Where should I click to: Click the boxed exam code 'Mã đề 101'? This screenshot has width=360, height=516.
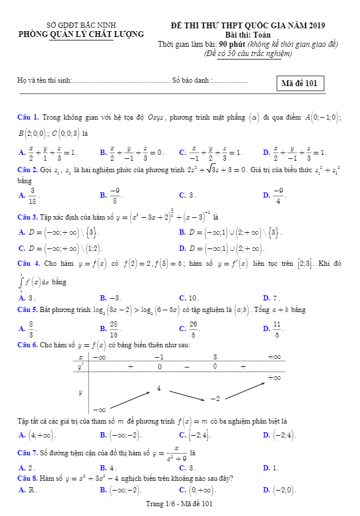[299, 83]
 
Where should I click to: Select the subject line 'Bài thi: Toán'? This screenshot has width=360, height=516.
[248, 35]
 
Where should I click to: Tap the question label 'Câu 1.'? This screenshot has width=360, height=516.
[28, 118]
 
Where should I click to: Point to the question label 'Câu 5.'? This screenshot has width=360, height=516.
[28, 310]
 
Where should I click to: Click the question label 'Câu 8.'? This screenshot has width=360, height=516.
[28, 478]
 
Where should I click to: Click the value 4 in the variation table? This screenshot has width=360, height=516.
[159, 388]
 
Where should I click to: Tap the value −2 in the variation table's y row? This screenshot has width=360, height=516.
[216, 399]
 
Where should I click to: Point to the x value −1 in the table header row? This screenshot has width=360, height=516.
[158, 357]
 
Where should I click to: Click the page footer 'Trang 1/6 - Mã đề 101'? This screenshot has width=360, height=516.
[180, 504]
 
